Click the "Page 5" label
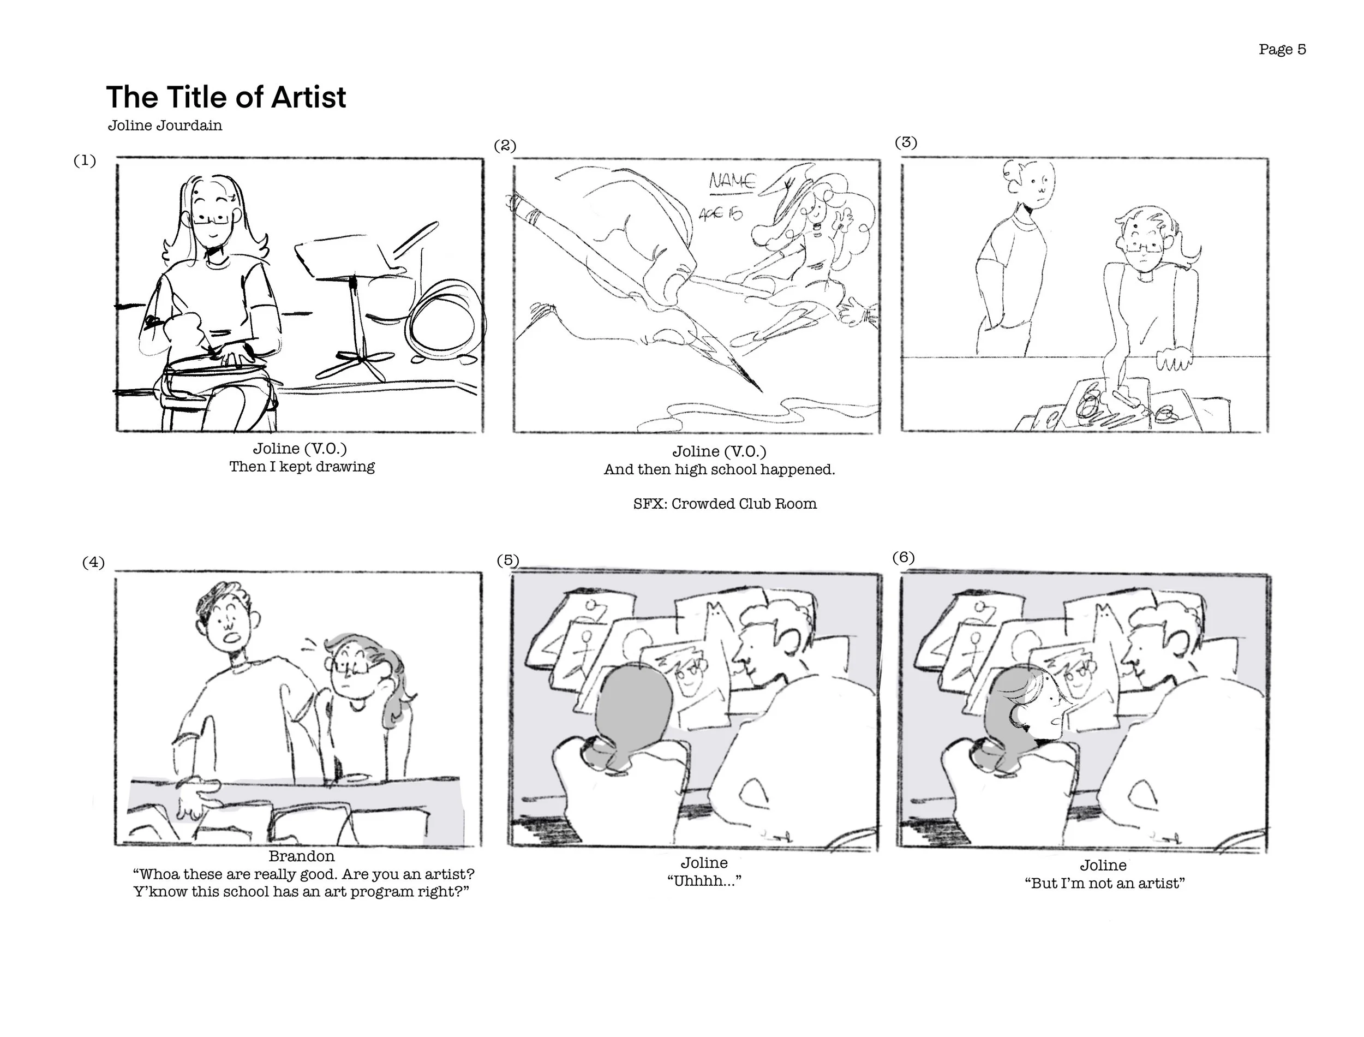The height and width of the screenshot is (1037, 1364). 1282,49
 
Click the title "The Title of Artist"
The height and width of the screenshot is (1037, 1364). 226,97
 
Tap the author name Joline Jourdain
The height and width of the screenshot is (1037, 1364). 165,126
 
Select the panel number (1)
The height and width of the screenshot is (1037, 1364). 85,160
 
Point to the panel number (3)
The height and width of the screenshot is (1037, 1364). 906,142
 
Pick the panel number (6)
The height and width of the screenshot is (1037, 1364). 903,557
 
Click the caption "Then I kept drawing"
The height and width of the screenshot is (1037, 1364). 302,467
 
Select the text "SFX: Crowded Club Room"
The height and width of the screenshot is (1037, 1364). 725,504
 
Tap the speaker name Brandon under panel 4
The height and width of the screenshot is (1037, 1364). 302,856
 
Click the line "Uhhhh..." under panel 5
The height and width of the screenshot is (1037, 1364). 704,881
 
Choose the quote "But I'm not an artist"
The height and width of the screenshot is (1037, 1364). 1104,883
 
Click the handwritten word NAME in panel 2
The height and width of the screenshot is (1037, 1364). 732,181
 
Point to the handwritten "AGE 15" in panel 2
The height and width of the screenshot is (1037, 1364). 721,213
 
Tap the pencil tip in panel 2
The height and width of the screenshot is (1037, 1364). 761,391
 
